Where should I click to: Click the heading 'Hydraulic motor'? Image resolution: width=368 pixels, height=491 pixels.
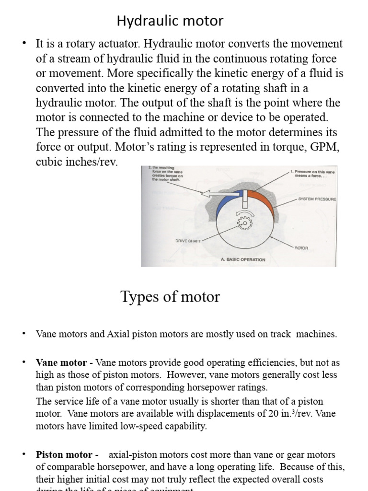[170, 21]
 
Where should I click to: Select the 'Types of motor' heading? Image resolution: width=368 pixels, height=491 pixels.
[170, 297]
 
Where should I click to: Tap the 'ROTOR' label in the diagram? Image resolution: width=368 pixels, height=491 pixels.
[301, 248]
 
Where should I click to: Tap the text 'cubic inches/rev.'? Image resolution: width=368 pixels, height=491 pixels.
[77, 162]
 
